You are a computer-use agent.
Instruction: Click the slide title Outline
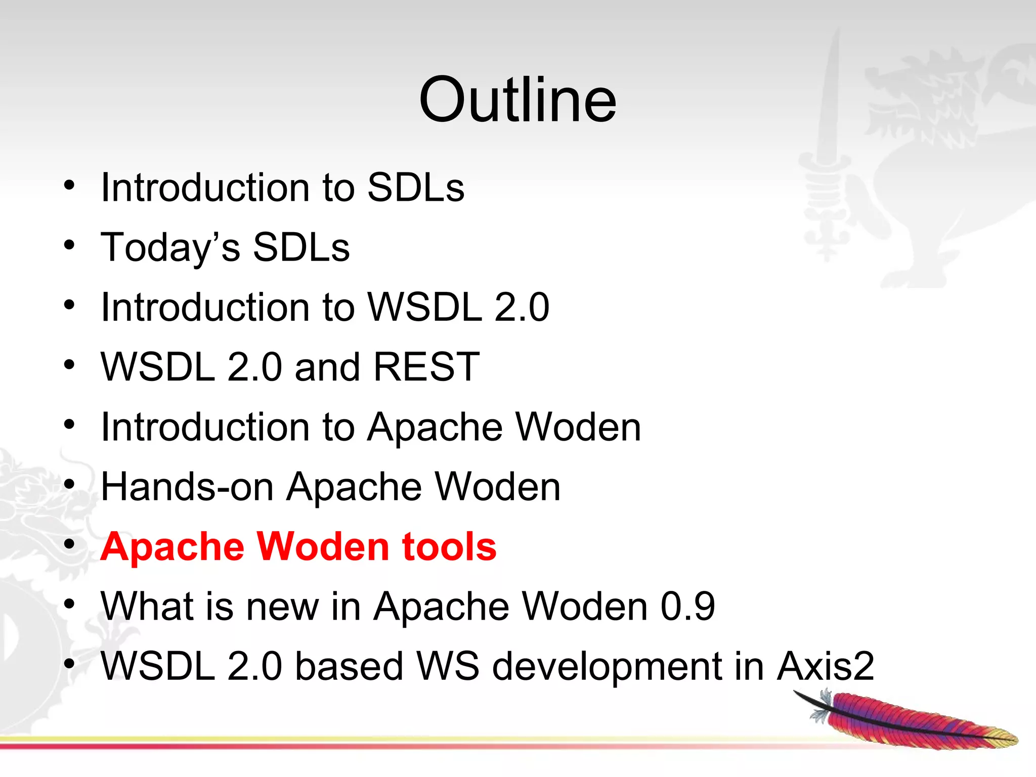(x=517, y=100)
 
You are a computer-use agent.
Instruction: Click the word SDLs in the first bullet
(x=415, y=188)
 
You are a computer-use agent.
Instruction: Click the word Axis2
(x=825, y=666)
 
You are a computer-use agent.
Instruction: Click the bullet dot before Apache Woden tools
(x=69, y=544)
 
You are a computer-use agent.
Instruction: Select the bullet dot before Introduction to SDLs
(x=69, y=185)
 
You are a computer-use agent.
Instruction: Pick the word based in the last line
(x=349, y=666)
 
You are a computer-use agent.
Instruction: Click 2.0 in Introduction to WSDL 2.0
(x=522, y=307)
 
